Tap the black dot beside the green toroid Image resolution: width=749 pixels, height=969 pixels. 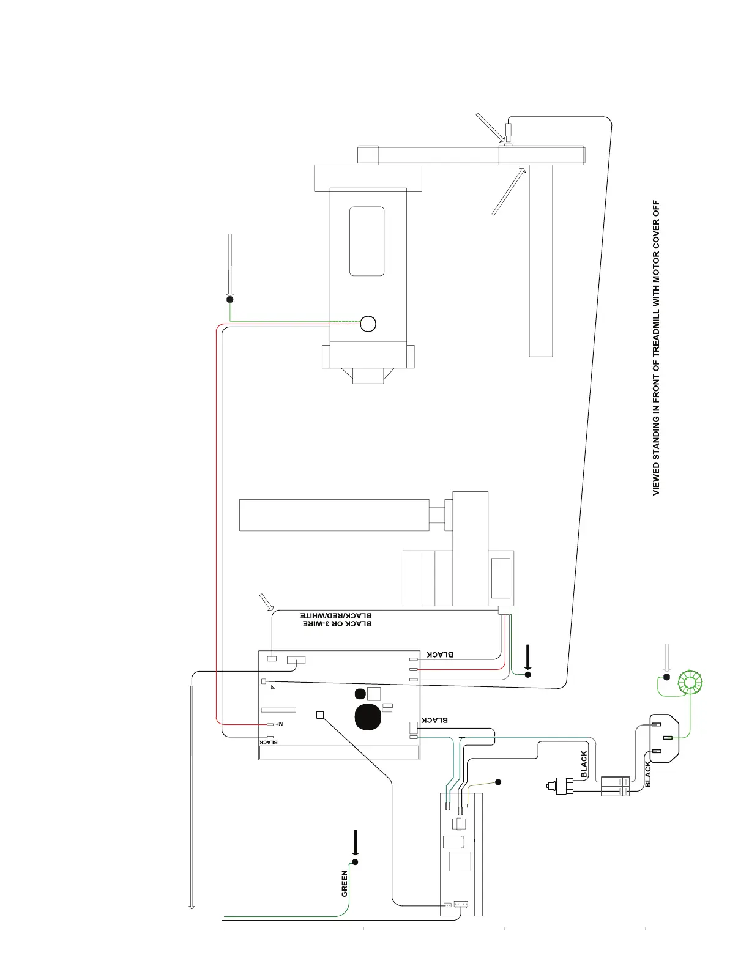[667, 677]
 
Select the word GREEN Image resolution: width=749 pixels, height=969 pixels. [345, 883]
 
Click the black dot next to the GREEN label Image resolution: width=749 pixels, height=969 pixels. [355, 861]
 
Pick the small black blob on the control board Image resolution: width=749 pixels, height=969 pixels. [360, 693]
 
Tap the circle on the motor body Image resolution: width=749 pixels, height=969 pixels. [368, 323]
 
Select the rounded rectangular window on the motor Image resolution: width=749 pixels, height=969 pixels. [367, 241]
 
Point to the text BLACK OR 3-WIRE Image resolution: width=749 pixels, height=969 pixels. [337, 623]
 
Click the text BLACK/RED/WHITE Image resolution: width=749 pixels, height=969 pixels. [336, 615]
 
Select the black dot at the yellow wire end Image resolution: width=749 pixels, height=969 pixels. [498, 782]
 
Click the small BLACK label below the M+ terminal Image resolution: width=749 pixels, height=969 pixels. [269, 742]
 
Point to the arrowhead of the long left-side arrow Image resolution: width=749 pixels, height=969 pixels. [192, 906]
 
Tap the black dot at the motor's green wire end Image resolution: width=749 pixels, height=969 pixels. [230, 299]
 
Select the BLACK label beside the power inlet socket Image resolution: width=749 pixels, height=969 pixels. [648, 774]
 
